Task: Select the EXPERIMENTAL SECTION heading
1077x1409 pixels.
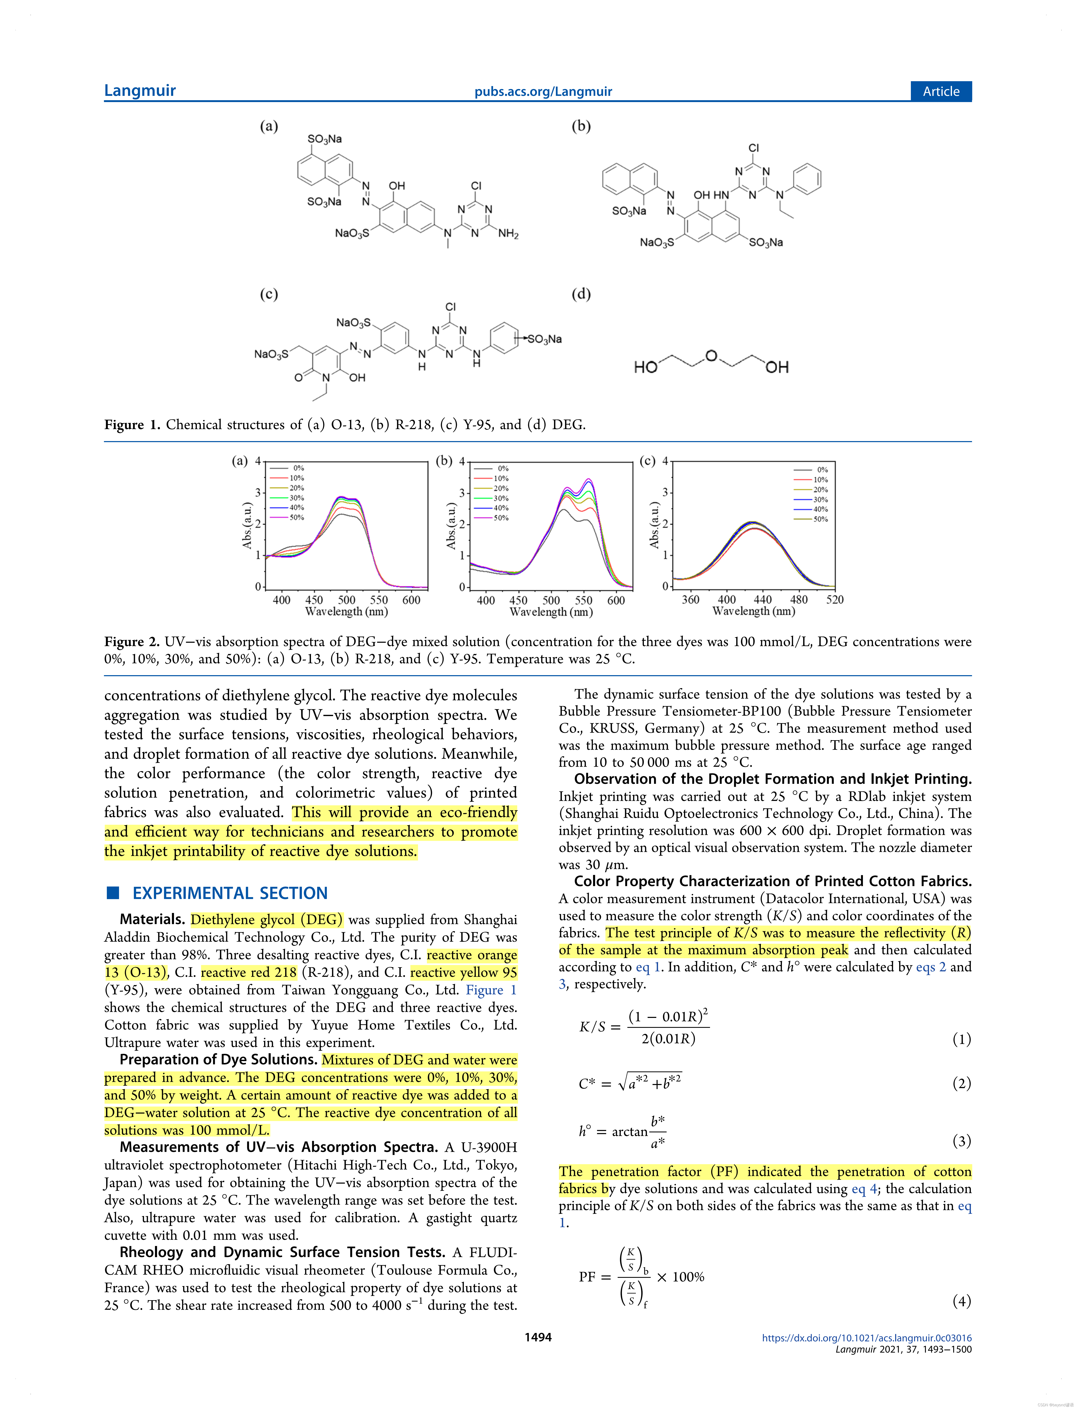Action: tap(230, 893)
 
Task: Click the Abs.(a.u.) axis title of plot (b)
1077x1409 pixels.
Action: tap(451, 526)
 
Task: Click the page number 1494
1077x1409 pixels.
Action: tap(538, 1336)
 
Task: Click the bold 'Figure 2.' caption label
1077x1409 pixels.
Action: tap(131, 642)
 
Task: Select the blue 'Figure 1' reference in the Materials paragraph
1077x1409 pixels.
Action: tap(491, 990)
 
